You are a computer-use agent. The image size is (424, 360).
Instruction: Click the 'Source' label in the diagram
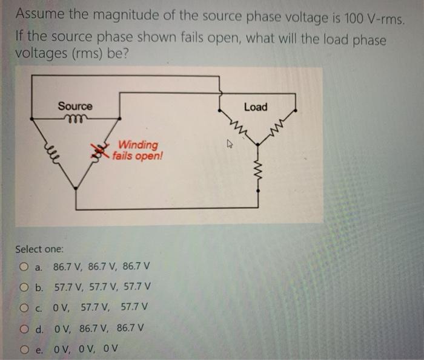[75, 106]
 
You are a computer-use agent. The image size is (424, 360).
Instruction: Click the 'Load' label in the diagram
[255, 107]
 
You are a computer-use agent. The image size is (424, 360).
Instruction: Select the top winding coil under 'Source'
[75, 118]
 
